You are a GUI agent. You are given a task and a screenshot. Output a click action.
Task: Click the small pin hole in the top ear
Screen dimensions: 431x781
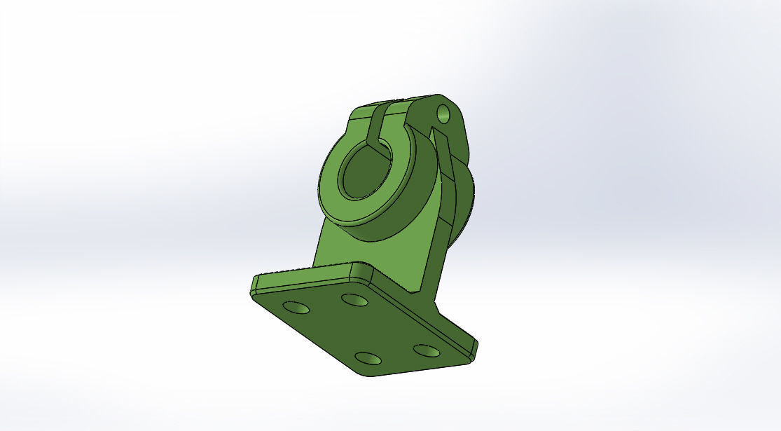(x=443, y=112)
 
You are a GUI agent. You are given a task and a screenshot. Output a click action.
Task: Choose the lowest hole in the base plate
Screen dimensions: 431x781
(x=369, y=360)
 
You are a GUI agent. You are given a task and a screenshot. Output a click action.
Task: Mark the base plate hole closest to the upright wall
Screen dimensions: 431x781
(x=354, y=299)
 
